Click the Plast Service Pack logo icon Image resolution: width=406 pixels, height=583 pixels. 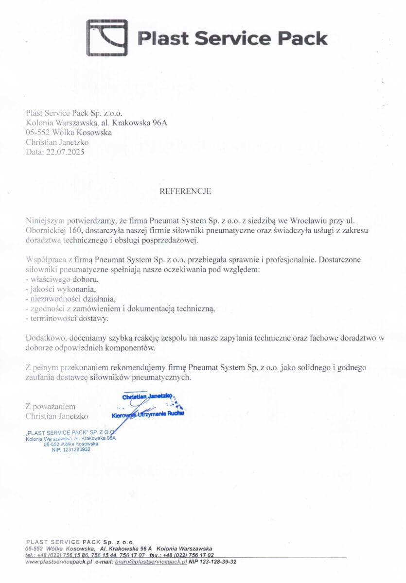(107, 38)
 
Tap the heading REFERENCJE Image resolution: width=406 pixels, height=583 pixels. (185, 191)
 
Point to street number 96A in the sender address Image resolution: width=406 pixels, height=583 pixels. (160, 123)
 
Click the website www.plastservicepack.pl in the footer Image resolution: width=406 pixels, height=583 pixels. (58, 562)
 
